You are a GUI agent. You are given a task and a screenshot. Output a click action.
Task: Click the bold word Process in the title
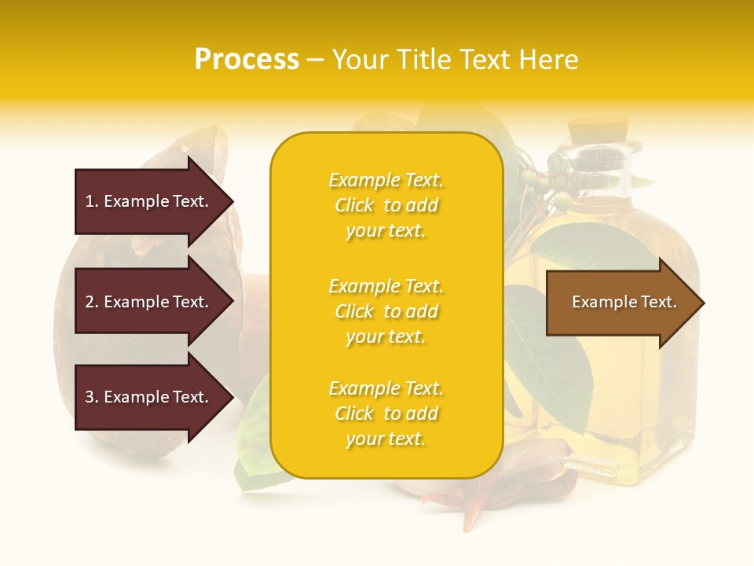tap(247, 60)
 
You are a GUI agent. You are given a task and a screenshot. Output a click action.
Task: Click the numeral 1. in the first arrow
tap(92, 201)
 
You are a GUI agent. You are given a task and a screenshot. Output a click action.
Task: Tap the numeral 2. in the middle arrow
tap(92, 302)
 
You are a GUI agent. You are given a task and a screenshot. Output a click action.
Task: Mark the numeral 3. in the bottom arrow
tap(92, 397)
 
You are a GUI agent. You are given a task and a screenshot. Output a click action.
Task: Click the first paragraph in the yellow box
tap(386, 205)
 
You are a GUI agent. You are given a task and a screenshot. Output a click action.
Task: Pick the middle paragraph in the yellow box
tap(386, 311)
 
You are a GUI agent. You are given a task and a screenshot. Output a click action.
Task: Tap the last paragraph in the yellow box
tap(386, 413)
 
